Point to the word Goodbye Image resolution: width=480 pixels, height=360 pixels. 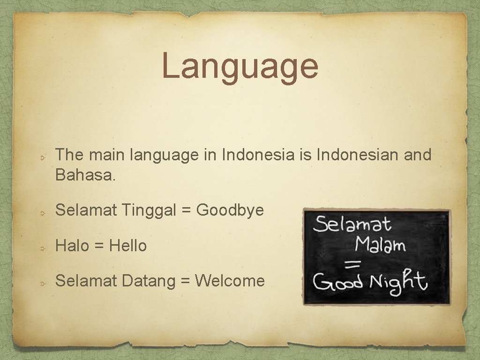[230, 210]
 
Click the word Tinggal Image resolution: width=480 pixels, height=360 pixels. [151, 210]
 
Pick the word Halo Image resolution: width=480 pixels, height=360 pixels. [72, 245]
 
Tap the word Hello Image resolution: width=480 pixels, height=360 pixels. [128, 245]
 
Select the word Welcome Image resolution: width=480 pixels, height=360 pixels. [230, 281]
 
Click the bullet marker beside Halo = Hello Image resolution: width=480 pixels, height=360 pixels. [42, 247]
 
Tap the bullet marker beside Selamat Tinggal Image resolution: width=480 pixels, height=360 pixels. [42, 212]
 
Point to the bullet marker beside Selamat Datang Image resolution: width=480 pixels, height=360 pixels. [42, 282]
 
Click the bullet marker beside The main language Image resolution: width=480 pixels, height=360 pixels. [42, 156]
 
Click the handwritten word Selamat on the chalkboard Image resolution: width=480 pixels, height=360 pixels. [352, 225]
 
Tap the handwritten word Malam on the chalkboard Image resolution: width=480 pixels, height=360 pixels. [380, 245]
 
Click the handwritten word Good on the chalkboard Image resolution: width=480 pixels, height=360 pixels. [337, 283]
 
